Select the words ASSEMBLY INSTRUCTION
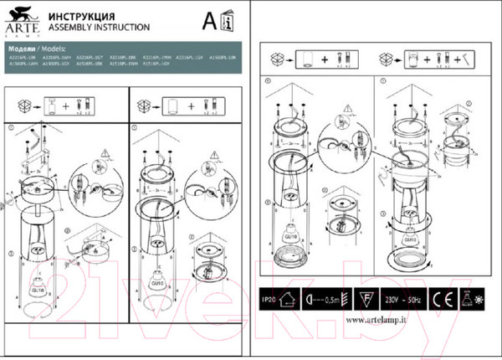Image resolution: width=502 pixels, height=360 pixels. (x=88, y=27)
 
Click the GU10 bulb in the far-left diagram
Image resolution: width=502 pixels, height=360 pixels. (x=38, y=284)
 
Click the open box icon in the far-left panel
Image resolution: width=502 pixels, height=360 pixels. (x=26, y=106)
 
